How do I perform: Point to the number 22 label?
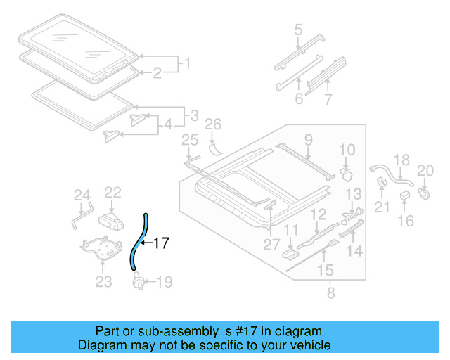pyautogui.click(x=113, y=192)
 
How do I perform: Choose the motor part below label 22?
pyautogui.click(x=112, y=217)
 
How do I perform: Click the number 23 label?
pyautogui.click(x=103, y=283)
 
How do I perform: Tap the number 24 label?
pyautogui.click(x=82, y=195)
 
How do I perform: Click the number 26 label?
pyautogui.click(x=213, y=125)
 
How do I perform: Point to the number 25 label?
pyautogui.click(x=189, y=141)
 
